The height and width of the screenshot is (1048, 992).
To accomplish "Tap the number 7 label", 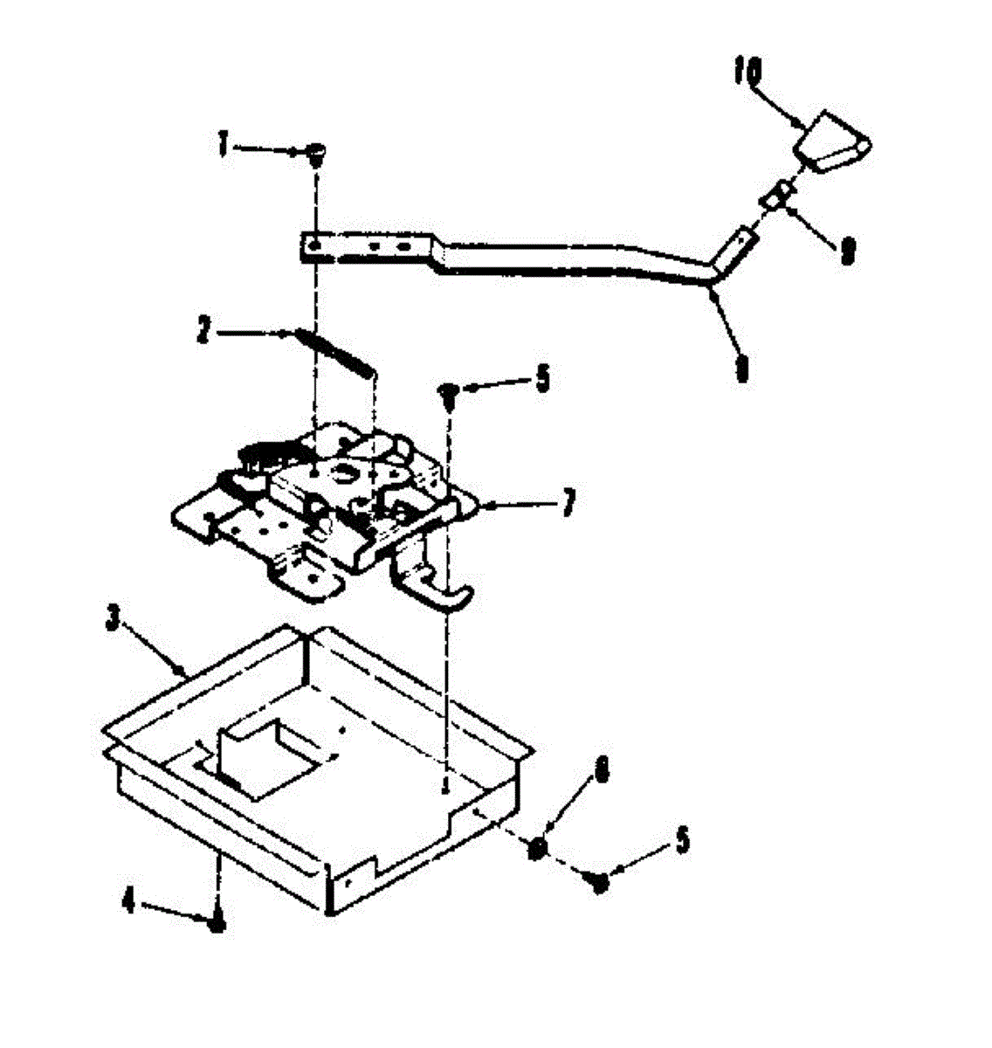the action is pos(568,504).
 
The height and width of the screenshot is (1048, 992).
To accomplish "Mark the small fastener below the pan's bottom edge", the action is pos(218,920).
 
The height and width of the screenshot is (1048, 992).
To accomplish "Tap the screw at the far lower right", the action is pos(599,882).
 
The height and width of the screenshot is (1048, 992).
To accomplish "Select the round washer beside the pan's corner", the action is pos(539,847).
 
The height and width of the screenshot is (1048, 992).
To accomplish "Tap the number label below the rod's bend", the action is pos(741,371).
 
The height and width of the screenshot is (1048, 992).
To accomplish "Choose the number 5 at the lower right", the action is pos(681,841).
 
